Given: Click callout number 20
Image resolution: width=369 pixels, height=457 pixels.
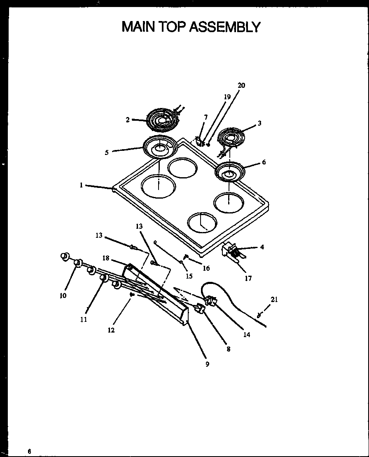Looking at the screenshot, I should pos(241,85).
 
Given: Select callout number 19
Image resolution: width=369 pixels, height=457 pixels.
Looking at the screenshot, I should pos(227,97).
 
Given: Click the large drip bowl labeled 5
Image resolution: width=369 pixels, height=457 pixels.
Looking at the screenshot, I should pos(160,147).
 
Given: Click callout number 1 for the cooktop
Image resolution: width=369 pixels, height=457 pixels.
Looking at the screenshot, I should pos(82,185).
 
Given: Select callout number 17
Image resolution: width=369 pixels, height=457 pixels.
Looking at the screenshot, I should pos(248,278).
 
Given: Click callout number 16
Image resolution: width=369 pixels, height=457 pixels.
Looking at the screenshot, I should pos(206,268).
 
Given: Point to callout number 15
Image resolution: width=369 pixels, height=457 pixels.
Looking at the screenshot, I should pos(189,276).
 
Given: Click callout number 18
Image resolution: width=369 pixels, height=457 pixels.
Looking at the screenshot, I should pos(106,258).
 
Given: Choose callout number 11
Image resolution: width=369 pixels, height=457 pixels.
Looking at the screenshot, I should pos(84,319).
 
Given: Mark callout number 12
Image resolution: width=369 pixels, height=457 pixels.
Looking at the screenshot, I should pos(111,330).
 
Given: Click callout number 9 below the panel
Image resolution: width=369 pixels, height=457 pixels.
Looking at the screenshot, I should pos(207,364).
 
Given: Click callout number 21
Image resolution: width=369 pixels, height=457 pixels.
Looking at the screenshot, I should pos(274,300).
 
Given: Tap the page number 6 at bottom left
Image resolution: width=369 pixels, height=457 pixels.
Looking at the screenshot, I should pos(29,451).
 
